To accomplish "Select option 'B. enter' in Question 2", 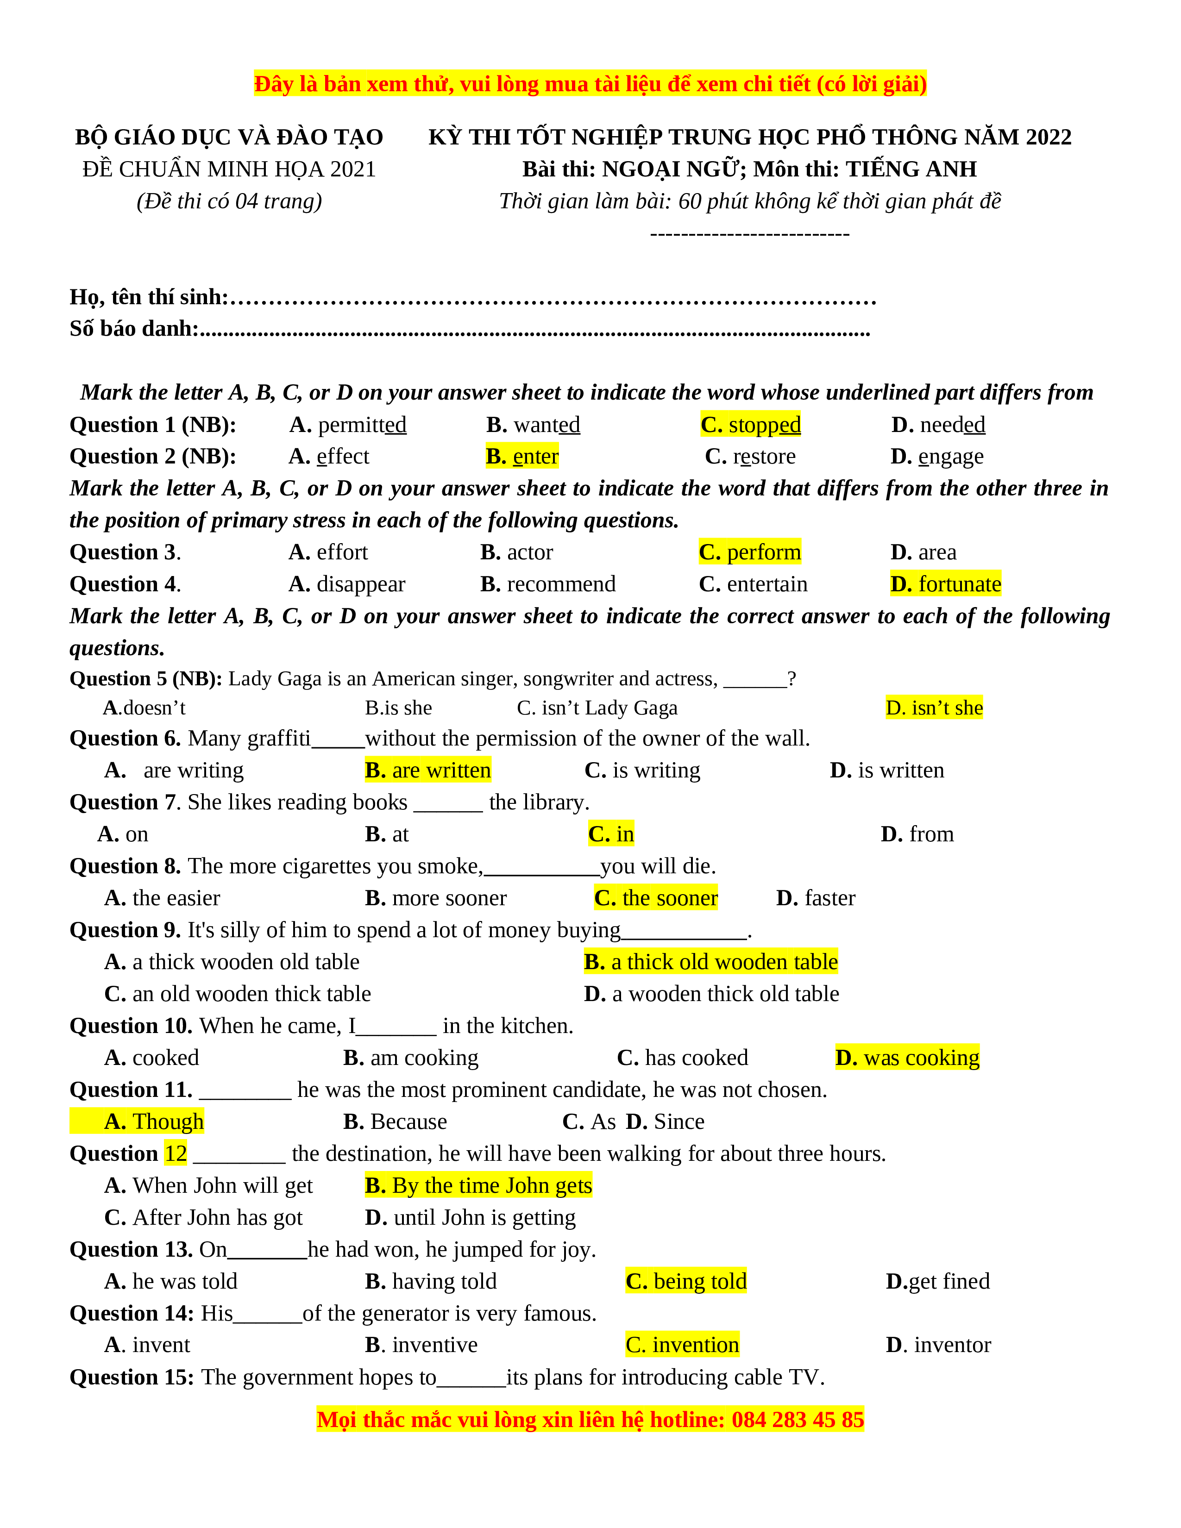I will click(x=522, y=456).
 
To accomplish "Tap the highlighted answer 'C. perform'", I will click(x=749, y=552).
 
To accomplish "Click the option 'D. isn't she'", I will click(x=934, y=708).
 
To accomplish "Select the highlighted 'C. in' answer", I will click(x=611, y=834).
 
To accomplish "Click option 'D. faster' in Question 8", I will click(x=816, y=898).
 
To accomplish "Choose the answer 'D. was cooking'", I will click(x=907, y=1057).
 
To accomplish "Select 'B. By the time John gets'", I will click(x=478, y=1185).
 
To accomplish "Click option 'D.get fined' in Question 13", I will click(x=937, y=1281).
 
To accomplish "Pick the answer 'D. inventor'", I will click(x=938, y=1345).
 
